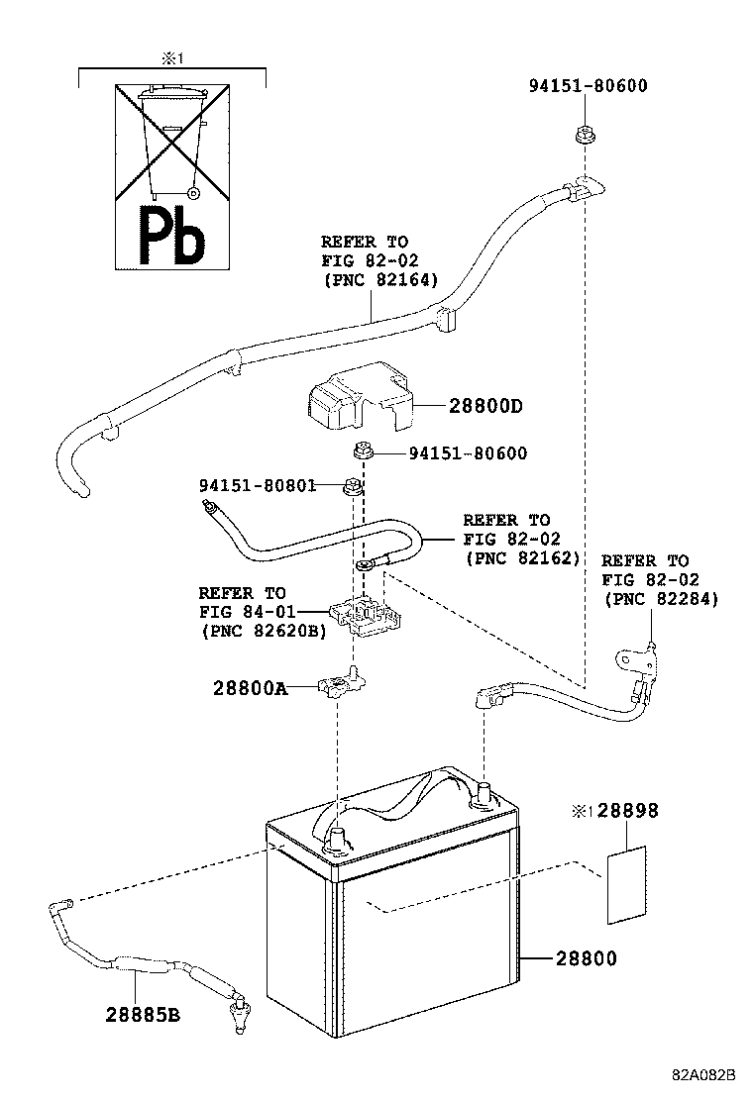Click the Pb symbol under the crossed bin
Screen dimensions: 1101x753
tap(171, 238)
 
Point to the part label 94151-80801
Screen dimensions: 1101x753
tap(257, 485)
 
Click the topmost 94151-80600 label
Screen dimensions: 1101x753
tap(588, 85)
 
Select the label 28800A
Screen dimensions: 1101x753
tap(249, 687)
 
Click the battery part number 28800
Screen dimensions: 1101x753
tap(586, 958)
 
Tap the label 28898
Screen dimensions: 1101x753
tap(626, 811)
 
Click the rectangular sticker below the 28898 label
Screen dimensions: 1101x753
tap(626, 884)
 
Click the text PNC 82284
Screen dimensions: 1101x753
tap(660, 599)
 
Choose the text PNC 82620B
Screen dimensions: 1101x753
tap(262, 629)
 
